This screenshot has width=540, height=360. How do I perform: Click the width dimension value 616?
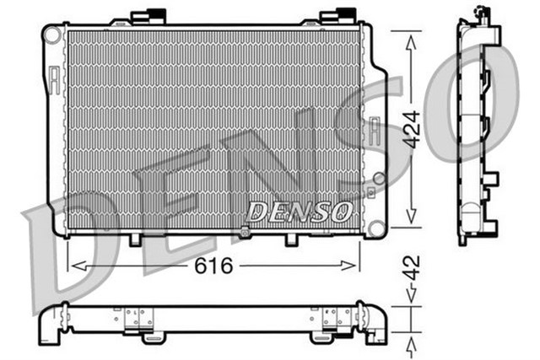click(x=214, y=265)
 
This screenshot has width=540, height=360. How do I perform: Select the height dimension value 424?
click(x=410, y=130)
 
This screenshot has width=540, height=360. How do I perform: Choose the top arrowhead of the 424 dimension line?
click(x=410, y=37)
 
